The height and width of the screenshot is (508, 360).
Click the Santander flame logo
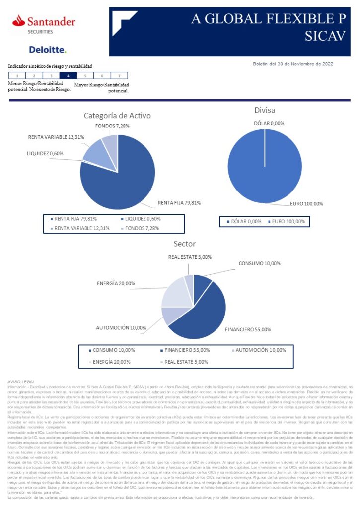[19, 21]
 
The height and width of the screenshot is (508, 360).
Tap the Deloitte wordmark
[47, 50]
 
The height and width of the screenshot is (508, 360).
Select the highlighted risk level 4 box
[68, 76]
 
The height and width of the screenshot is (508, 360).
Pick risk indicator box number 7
[119, 76]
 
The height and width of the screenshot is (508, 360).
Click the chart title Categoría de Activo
[117, 116]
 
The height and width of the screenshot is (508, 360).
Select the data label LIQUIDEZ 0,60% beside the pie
[45, 154]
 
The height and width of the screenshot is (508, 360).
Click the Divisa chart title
[264, 110]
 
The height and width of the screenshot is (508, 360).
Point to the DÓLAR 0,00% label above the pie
[269, 123]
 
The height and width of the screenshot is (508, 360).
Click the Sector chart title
[184, 244]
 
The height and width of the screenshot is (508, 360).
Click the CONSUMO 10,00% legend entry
[111, 350]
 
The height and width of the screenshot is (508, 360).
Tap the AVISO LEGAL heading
[19, 381]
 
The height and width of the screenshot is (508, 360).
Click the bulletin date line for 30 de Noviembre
[293, 64]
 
